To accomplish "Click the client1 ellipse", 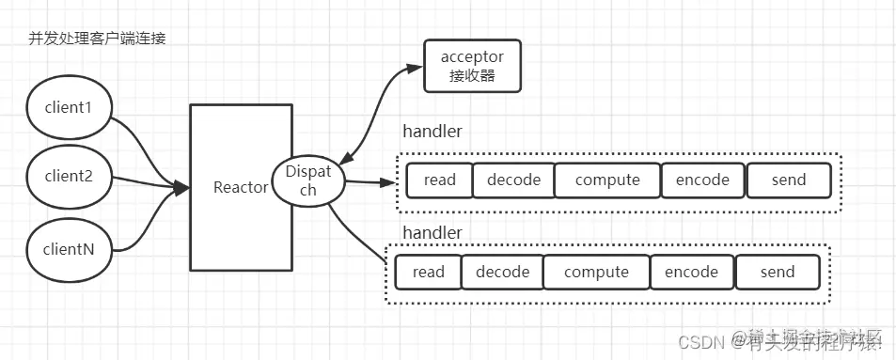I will click(68, 106).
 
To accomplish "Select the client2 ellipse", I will click(68, 176).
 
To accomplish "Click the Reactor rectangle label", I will click(242, 187).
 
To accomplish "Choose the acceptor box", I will click(471, 66).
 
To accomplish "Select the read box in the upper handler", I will click(439, 180).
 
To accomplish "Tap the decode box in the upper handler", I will click(513, 180).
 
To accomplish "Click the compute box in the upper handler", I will click(607, 180).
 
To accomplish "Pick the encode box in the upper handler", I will click(702, 180).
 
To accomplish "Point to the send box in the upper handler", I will click(788, 180).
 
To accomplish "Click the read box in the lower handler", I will click(428, 272).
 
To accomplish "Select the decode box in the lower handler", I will click(502, 272).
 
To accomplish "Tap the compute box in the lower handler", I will click(596, 272).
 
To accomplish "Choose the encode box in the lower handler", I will click(691, 272).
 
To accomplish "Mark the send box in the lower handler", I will click(777, 272).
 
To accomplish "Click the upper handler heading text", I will click(432, 132).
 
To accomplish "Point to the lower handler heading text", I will click(432, 231).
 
